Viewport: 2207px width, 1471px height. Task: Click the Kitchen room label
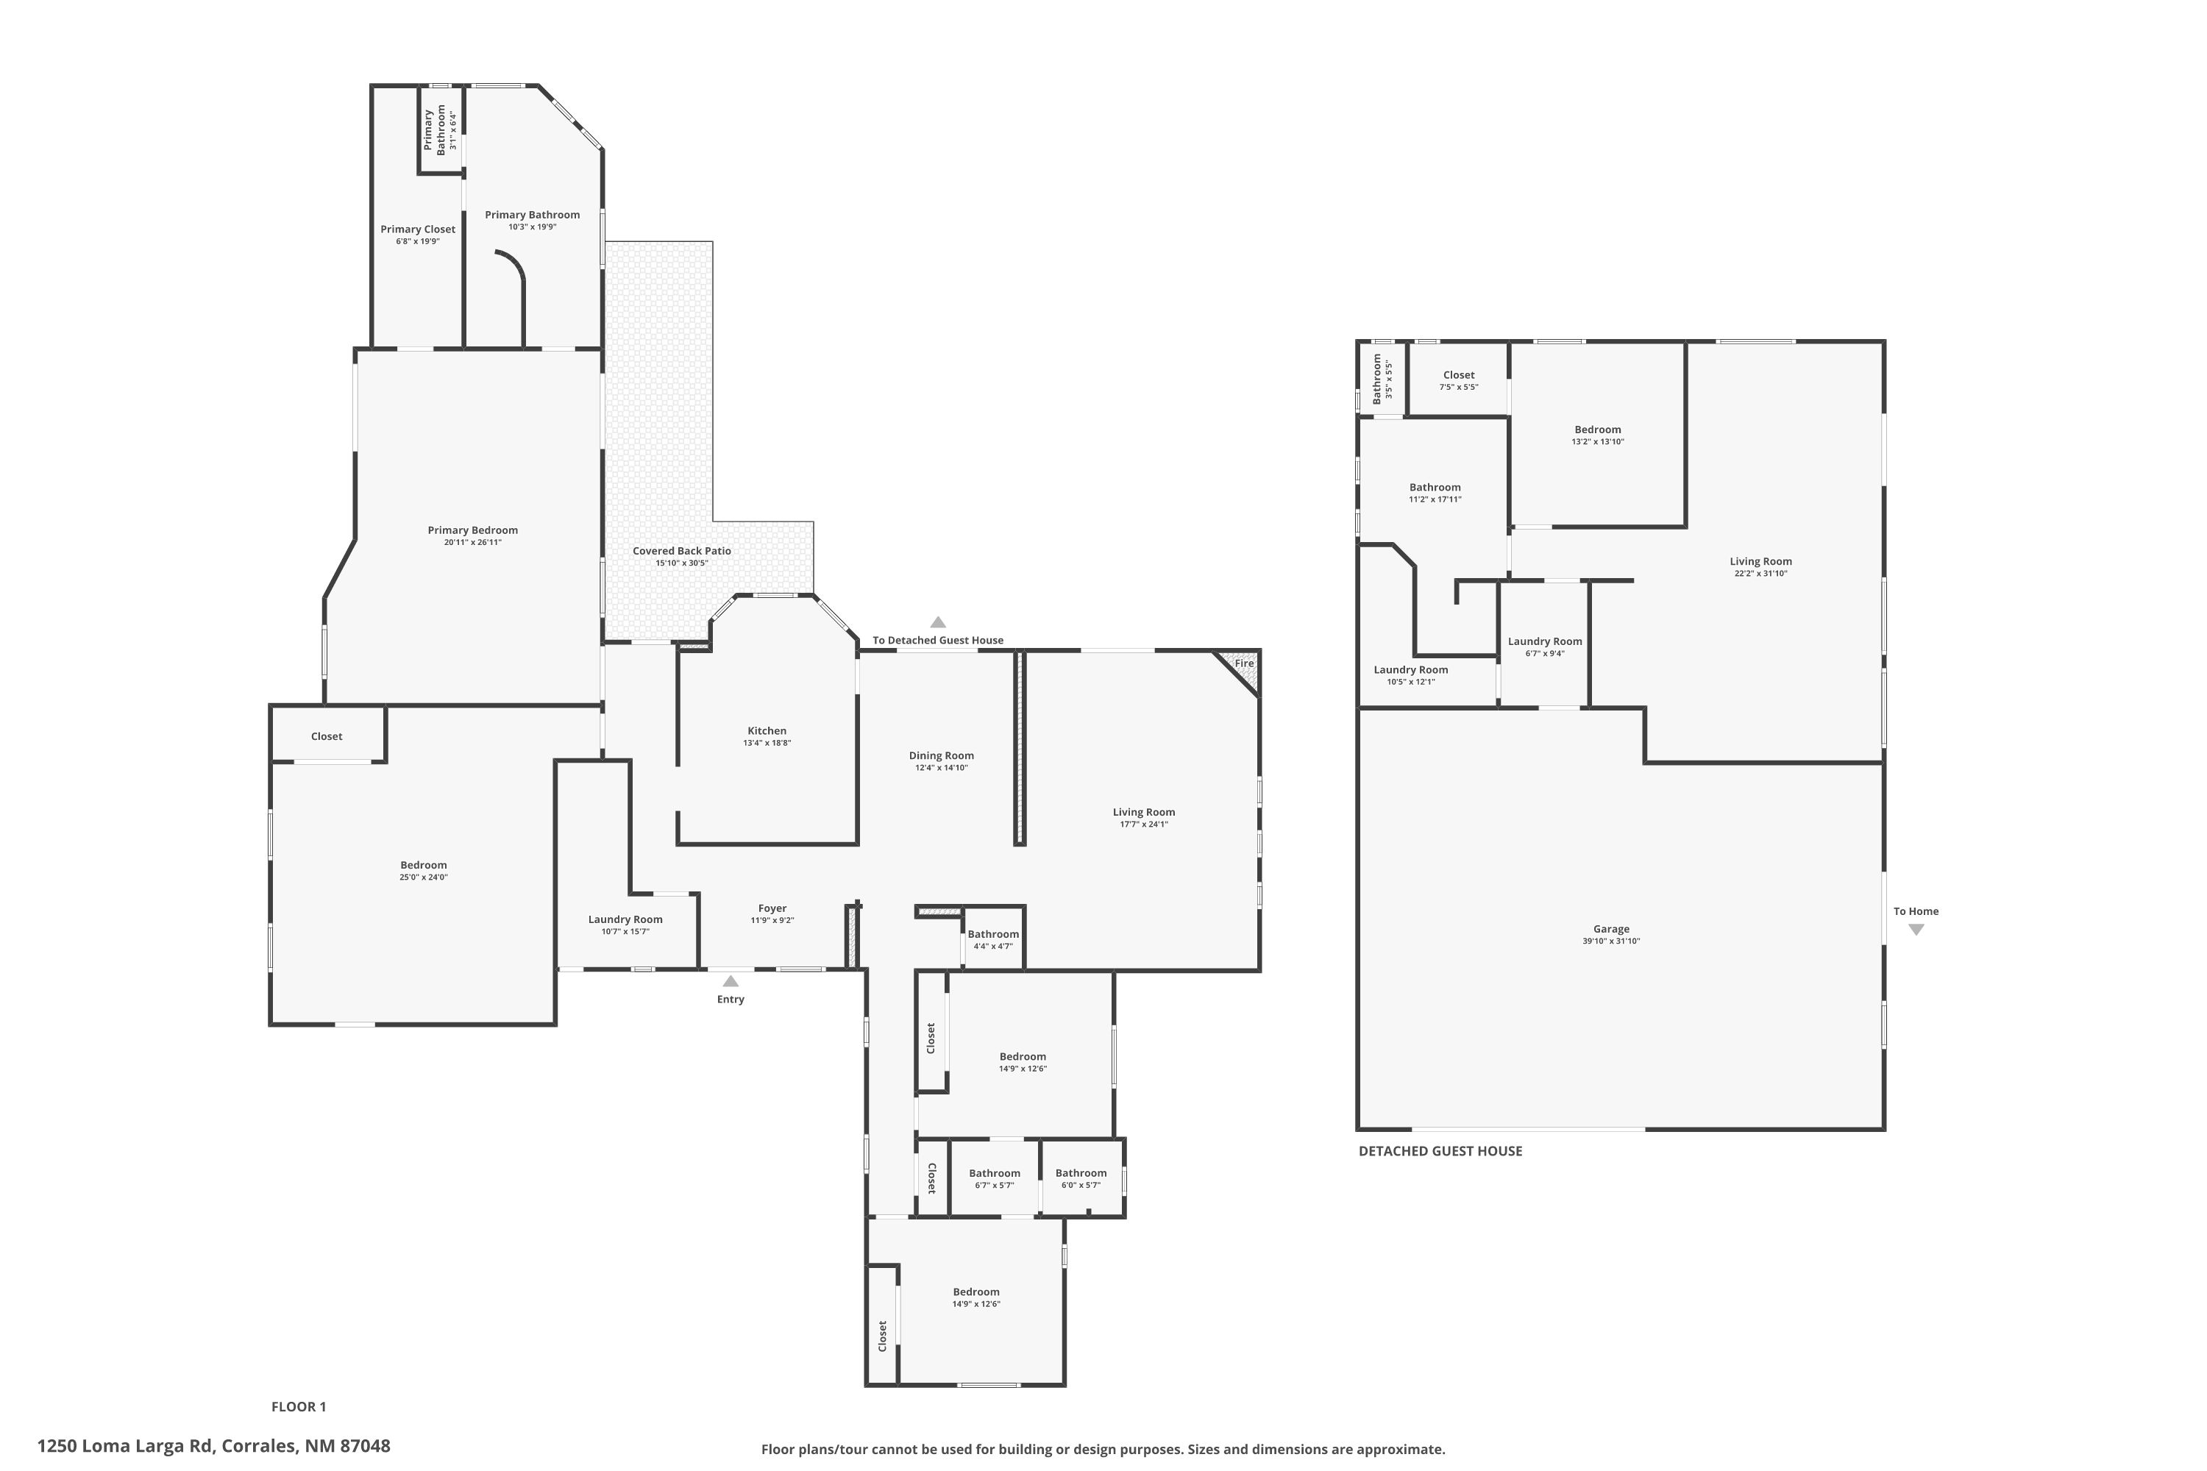[767, 731]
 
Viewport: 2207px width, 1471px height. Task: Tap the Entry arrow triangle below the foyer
[730, 981]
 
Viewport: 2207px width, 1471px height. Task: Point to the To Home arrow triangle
[1916, 930]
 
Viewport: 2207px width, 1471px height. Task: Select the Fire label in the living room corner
[1243, 663]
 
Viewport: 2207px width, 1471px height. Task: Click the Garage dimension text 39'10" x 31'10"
[1611, 941]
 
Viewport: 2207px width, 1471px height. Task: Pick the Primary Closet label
[418, 229]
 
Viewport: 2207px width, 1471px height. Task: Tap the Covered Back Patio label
[681, 551]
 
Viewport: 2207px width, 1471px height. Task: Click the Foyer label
[772, 908]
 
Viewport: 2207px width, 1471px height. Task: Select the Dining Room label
[941, 755]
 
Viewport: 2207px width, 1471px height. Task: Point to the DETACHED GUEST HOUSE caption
[1440, 1151]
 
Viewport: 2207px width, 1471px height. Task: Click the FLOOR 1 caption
[299, 1406]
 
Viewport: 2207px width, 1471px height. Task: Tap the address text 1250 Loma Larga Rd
[126, 1446]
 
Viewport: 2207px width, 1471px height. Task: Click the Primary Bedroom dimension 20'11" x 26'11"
[473, 542]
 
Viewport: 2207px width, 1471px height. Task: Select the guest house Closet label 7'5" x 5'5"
[1459, 374]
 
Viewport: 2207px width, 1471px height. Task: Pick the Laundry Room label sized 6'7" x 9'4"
[1544, 641]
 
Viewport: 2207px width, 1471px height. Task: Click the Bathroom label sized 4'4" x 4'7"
[992, 934]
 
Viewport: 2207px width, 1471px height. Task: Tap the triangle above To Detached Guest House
[937, 622]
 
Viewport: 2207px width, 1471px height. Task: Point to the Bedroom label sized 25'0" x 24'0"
[423, 865]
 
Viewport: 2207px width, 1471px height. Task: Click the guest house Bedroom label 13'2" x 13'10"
[1598, 430]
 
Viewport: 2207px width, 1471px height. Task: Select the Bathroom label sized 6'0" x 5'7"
[1081, 1172]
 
